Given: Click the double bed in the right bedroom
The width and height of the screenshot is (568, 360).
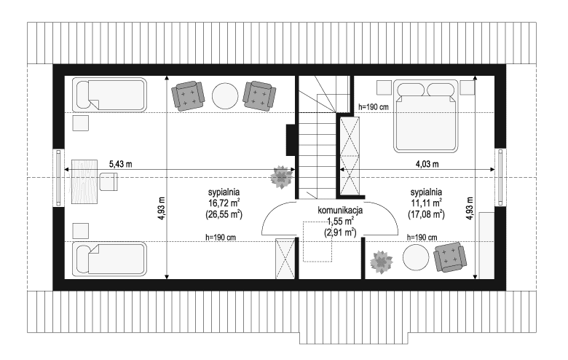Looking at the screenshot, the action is click(x=426, y=116).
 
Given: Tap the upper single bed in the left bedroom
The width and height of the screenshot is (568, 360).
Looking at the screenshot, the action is click(x=109, y=95).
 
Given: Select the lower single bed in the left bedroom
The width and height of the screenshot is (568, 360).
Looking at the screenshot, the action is click(x=109, y=259).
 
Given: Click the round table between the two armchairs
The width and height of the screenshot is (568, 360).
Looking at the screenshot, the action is click(x=225, y=95).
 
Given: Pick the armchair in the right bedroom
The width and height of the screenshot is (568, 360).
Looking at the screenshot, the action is click(x=450, y=257).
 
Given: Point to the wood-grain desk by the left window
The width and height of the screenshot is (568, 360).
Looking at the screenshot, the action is click(x=84, y=181).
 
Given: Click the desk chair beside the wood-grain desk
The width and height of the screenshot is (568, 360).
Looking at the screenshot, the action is click(x=109, y=181).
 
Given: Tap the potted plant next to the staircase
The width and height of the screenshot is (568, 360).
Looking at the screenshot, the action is click(x=282, y=177).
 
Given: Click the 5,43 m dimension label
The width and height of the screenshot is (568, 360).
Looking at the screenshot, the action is click(x=121, y=164).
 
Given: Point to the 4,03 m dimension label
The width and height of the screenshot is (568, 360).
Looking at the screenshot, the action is click(x=427, y=164).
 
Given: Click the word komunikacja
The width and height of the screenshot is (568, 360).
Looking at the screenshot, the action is click(x=340, y=210).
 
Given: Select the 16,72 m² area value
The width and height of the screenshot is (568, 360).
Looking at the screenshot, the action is click(x=224, y=203).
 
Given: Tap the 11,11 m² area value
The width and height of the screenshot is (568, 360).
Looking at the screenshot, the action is click(x=426, y=203).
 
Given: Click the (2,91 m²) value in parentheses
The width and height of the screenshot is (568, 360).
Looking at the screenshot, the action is click(x=340, y=232).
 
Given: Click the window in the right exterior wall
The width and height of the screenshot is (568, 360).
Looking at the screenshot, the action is click(x=500, y=178).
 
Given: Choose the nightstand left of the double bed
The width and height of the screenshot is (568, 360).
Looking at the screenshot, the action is click(x=384, y=87).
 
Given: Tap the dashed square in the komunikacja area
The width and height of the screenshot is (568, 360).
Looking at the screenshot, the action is click(x=317, y=241).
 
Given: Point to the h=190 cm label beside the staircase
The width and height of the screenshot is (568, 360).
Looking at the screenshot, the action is click(x=373, y=107).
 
